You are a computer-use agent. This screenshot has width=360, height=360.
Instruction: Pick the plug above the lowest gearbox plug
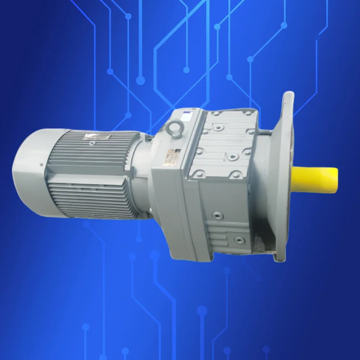(218, 215)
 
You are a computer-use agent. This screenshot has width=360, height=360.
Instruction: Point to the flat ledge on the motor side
(85, 179)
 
